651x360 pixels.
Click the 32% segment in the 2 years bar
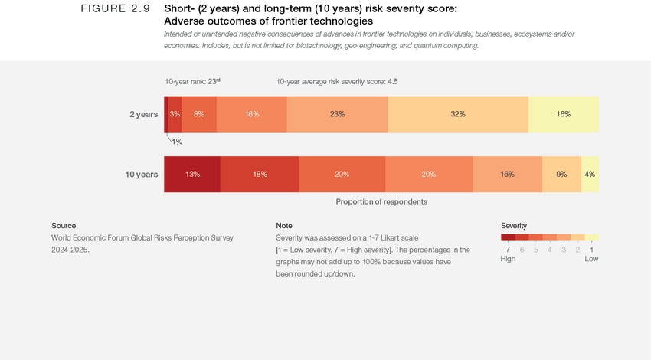point(458,114)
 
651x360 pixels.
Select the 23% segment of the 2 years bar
point(337,114)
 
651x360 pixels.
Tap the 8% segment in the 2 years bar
point(199,114)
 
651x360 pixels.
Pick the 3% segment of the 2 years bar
point(175,114)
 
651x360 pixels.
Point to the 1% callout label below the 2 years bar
point(177,142)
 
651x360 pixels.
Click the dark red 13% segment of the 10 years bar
point(192,174)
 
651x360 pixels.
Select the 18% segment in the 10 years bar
point(260,174)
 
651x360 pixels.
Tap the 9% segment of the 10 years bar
point(561,174)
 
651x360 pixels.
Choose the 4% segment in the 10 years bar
point(590,174)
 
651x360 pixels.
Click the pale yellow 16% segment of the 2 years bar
point(564,114)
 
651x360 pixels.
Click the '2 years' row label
point(143,114)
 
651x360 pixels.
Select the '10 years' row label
point(142,174)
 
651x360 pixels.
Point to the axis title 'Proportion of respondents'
point(381,201)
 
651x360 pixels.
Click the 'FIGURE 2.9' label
point(115,9)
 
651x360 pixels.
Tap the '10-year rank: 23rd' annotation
point(192,81)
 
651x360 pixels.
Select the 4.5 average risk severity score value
point(392,81)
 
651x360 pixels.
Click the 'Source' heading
point(64,226)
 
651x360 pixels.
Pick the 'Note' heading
point(284,226)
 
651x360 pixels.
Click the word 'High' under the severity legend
point(508,259)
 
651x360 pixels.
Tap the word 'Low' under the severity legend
point(591,259)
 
